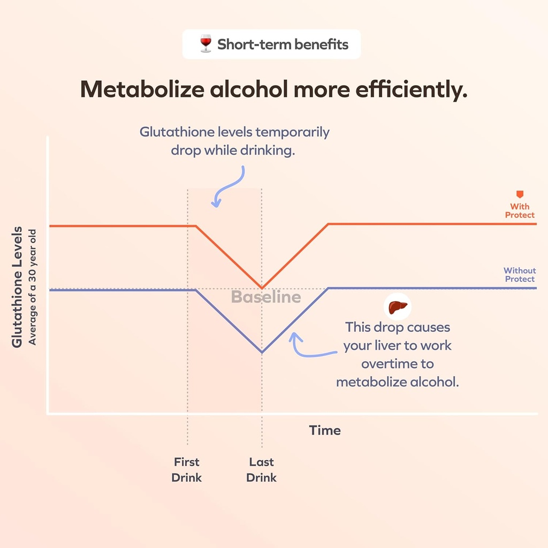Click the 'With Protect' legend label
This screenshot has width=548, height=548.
(519, 210)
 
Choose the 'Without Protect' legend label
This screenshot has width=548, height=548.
(519, 275)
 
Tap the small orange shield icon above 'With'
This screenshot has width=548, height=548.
(519, 195)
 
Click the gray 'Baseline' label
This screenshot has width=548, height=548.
(266, 297)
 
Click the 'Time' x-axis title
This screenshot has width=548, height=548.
(325, 430)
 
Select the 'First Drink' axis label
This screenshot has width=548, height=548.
(187, 469)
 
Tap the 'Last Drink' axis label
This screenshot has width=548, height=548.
(262, 469)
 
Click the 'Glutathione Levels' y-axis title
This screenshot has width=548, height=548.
(18, 287)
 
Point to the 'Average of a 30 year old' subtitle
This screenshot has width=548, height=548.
(33, 287)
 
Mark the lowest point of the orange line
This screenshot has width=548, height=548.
(262, 288)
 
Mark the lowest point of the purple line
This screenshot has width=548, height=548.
(262, 352)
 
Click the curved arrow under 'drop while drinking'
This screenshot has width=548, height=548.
(229, 186)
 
